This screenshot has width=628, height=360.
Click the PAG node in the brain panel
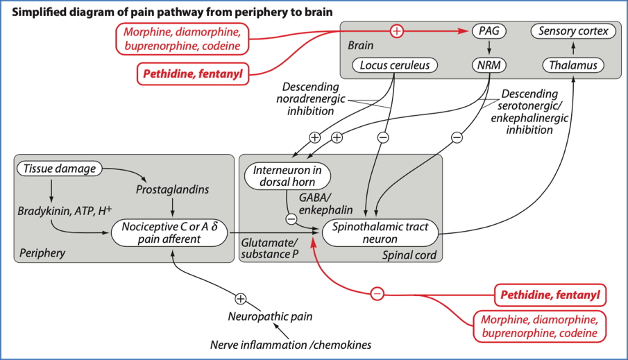pyautogui.click(x=489, y=31)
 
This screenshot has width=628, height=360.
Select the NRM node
pyautogui.click(x=489, y=66)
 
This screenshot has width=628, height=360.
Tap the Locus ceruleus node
pyautogui.click(x=395, y=66)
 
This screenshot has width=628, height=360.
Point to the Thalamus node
pyautogui.click(x=572, y=66)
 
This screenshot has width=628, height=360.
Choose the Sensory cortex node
pyautogui.click(x=572, y=31)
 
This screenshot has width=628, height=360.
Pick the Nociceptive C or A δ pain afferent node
pyautogui.click(x=170, y=232)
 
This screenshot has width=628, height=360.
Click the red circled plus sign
pyautogui.click(x=397, y=31)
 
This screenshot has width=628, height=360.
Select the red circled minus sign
pyautogui.click(x=377, y=293)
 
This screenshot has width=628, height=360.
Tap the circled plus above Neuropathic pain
pyautogui.click(x=240, y=299)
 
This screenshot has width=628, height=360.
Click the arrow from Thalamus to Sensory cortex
pyautogui.click(x=572, y=49)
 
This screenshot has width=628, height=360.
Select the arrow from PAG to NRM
pyautogui.click(x=489, y=49)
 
